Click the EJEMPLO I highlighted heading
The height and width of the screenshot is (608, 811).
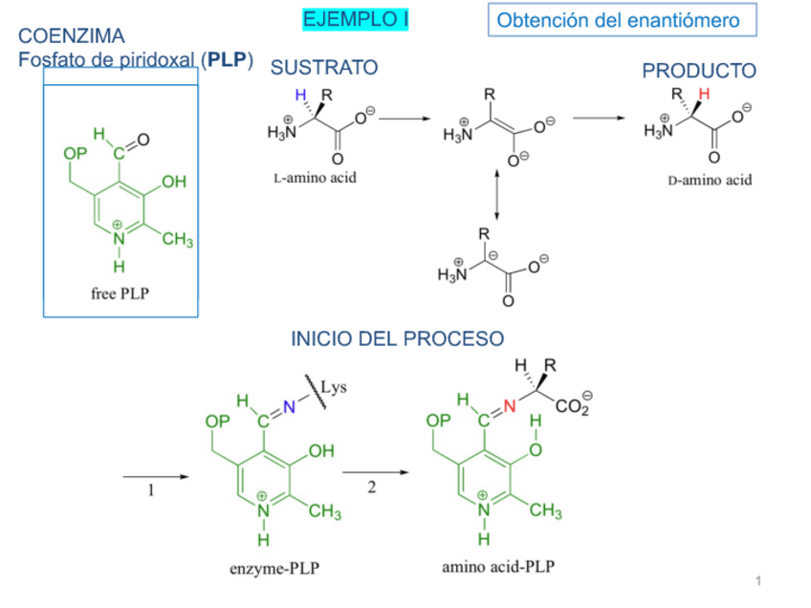[354, 19]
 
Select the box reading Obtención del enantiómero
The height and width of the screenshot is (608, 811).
[619, 20]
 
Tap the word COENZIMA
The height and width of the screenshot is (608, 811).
[72, 36]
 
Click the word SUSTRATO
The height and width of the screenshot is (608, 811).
[324, 67]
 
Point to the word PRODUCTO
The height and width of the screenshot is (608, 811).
[698, 71]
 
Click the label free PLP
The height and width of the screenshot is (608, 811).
[121, 293]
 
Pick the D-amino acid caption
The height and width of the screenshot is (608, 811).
[710, 180]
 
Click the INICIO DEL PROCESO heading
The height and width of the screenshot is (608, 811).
[397, 338]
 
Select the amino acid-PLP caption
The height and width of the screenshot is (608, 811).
[497, 567]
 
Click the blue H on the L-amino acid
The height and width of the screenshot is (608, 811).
[301, 95]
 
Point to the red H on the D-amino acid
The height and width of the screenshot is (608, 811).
[705, 94]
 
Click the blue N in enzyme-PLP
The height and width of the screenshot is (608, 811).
[290, 407]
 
